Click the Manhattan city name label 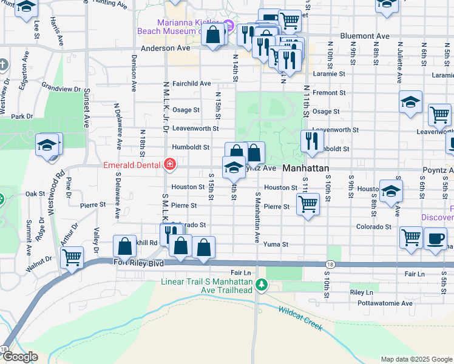(306, 168)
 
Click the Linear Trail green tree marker (262, 284)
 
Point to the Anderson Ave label (166, 47)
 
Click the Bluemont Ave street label (365, 36)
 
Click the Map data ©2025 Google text (416, 359)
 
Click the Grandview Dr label (62, 89)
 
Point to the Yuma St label (276, 244)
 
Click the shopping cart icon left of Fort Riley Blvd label (72, 257)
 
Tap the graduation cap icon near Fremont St (410, 102)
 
